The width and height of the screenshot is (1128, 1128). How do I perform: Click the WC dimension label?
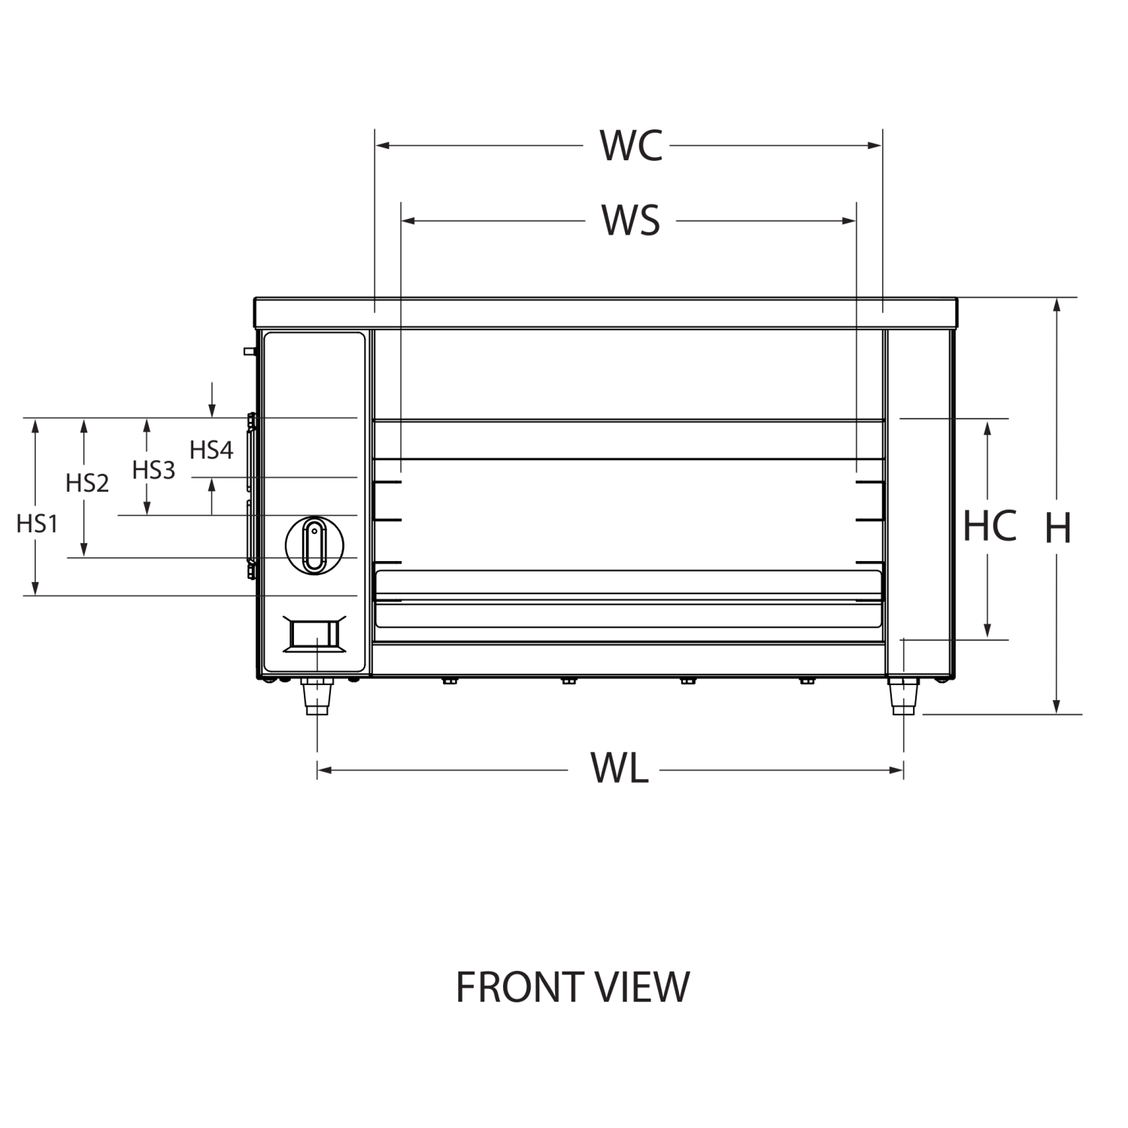coord(631,146)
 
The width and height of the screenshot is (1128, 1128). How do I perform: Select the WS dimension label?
coord(630,220)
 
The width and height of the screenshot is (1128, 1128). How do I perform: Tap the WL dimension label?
coord(620,767)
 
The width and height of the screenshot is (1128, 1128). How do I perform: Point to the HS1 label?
coord(35,523)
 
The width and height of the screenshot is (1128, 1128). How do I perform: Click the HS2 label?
coord(86,483)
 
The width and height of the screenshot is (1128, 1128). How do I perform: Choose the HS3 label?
coord(153,470)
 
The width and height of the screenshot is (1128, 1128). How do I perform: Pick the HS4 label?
coord(211,450)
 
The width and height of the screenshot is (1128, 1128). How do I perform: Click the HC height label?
coord(990,526)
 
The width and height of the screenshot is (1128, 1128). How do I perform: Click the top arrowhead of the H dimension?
coord(1057,304)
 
